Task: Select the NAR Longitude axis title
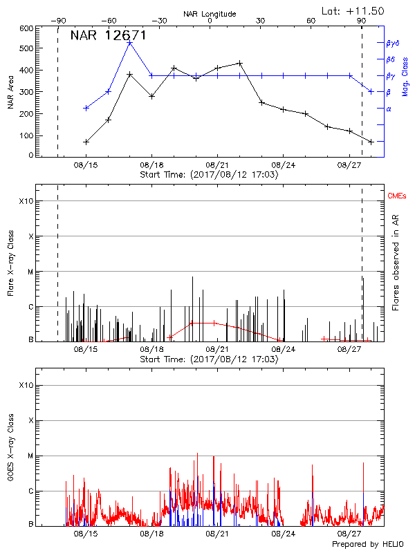pos(210,14)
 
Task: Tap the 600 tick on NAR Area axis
pos(26,28)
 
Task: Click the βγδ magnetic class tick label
pos(392,43)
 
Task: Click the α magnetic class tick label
pos(389,109)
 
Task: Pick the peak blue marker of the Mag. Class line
pos(130,43)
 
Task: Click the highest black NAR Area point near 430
pos(239,63)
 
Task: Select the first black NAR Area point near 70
pos(86,142)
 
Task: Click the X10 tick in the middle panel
pos(26,201)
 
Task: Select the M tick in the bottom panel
pos(29,456)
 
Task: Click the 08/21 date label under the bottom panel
pos(217,534)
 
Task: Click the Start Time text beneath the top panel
pos(209,175)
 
